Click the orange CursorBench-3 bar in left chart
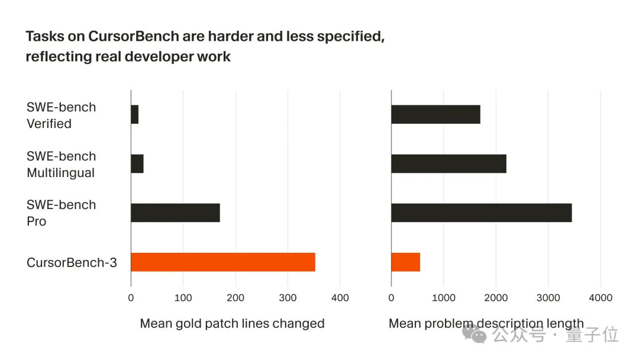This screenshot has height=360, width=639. click(x=222, y=262)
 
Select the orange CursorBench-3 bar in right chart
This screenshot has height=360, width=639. click(x=406, y=262)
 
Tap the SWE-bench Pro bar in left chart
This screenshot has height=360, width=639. click(x=175, y=213)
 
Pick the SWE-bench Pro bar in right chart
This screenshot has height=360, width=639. click(x=481, y=213)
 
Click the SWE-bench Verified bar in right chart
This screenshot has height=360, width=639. click(x=435, y=115)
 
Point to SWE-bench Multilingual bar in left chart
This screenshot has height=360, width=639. click(x=137, y=163)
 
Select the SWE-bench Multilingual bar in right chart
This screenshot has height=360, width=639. click(x=448, y=163)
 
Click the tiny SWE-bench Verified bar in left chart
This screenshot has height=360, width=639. click(x=134, y=115)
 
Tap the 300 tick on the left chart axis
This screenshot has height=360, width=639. click(x=288, y=298)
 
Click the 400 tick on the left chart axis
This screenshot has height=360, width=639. click(x=340, y=298)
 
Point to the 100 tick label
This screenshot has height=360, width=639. click(x=183, y=298)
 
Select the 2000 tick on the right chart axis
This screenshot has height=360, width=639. click(x=496, y=298)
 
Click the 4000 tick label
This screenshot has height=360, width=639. click(x=600, y=298)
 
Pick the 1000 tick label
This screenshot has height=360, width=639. click(x=444, y=298)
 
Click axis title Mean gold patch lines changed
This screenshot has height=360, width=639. click(x=232, y=324)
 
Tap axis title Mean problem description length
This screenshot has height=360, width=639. click(x=486, y=324)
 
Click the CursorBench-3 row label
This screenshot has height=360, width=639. click(x=72, y=262)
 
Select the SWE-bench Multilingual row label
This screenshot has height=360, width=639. click(x=60, y=165)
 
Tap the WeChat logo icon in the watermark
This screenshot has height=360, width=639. click(x=475, y=335)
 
